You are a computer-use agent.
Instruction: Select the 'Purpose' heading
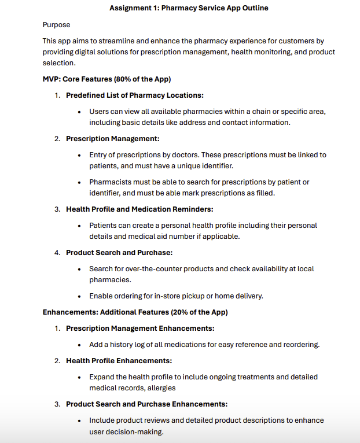[57, 25]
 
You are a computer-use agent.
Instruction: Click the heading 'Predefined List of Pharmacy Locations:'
[134, 95]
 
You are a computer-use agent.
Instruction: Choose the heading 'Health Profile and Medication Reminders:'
[139, 209]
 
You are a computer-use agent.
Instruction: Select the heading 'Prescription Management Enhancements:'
[140, 328]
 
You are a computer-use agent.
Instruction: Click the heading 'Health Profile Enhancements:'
[119, 361]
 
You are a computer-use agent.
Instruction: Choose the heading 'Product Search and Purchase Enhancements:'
[146, 404]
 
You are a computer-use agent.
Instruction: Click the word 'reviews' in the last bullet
[162, 420]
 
